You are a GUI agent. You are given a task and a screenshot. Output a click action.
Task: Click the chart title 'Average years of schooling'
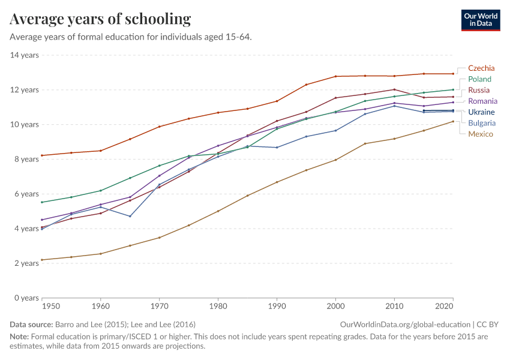click(x=100, y=19)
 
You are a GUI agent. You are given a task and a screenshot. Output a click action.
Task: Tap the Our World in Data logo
click(x=480, y=19)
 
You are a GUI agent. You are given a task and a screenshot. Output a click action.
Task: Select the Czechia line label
click(x=481, y=68)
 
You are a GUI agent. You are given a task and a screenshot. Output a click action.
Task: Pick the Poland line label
click(x=479, y=79)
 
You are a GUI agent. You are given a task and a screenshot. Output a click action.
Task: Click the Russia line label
click(x=479, y=90)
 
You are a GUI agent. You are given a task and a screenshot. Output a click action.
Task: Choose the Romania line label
click(x=482, y=101)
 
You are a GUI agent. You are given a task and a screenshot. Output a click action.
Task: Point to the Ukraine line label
click(x=481, y=112)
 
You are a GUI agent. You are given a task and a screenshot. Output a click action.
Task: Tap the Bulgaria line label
click(x=482, y=123)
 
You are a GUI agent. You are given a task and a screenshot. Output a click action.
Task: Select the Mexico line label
click(x=481, y=134)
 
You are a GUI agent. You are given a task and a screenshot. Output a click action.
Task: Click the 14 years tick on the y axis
click(x=24, y=55)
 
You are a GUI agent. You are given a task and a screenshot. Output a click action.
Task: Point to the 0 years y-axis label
click(x=26, y=298)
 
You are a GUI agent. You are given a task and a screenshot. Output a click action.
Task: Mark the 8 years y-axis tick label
click(x=26, y=159)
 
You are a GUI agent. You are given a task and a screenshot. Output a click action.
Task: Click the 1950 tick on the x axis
click(x=52, y=306)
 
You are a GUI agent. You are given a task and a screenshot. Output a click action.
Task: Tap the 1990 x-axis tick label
click(x=277, y=306)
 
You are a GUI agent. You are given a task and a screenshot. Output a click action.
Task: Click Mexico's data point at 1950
click(x=41, y=260)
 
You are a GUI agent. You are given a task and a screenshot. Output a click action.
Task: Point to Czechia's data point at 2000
click(x=335, y=76)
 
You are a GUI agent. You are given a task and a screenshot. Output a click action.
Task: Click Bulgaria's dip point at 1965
click(x=130, y=216)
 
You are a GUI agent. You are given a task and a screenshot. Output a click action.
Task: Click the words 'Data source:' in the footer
click(x=31, y=324)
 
